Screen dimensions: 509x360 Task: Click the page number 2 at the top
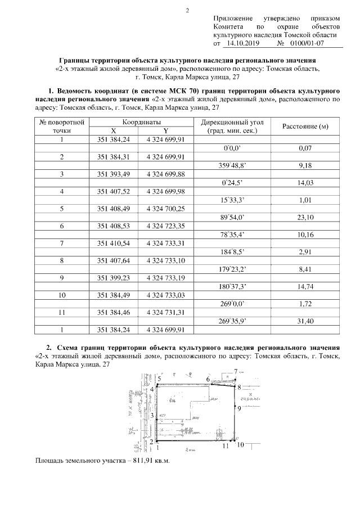click(187, 10)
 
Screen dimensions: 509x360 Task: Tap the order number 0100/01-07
click(307, 43)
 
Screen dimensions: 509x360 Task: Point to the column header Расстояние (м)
click(304, 126)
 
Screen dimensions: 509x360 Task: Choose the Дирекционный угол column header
click(232, 121)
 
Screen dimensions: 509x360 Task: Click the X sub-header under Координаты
click(114, 130)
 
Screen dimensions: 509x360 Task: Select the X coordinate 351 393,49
click(114, 174)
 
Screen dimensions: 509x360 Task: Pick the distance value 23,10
click(304, 217)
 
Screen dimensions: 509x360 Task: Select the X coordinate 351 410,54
click(114, 243)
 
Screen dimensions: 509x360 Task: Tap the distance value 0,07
click(304, 148)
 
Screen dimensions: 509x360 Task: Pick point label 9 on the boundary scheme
click(239, 408)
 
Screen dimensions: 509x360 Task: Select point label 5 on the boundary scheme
click(159, 380)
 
